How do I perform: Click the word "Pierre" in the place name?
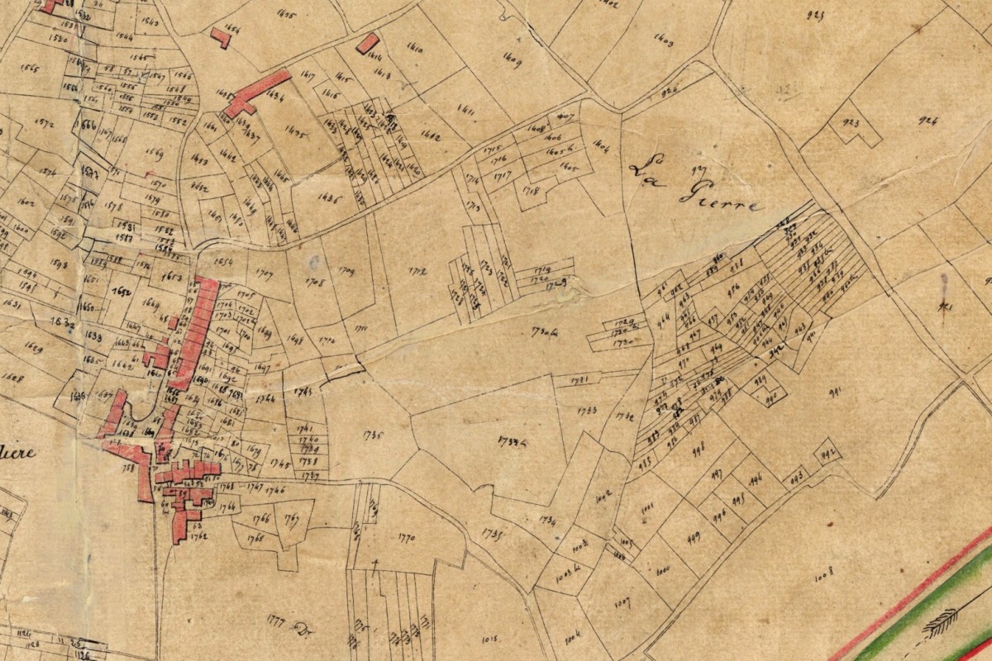(719, 197)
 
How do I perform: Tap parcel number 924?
(928, 121)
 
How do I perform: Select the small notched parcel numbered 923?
(851, 124)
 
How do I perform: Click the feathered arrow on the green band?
(940, 619)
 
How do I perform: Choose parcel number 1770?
(406, 538)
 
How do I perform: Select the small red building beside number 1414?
(367, 43)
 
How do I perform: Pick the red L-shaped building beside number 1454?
(221, 37)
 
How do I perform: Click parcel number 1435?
(295, 131)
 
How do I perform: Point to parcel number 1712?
(419, 269)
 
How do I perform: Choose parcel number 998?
(698, 448)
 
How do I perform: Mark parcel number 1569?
(153, 152)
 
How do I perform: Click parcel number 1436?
(330, 198)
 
